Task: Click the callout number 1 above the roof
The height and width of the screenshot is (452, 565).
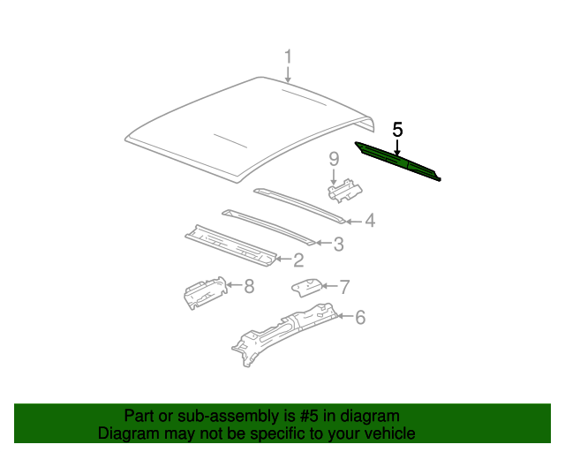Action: coord(288,58)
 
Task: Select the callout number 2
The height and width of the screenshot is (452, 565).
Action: coord(298,260)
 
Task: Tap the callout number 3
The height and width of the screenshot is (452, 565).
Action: coord(338,244)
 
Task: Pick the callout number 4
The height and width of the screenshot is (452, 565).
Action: coord(370,221)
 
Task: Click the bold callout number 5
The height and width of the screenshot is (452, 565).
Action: coord(397,130)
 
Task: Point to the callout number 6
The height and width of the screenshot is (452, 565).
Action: coord(359,317)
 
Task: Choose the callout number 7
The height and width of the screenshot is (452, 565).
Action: coord(344,286)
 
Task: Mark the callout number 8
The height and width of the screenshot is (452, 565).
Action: coord(249,285)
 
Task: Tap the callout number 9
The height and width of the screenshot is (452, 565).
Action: coord(335,159)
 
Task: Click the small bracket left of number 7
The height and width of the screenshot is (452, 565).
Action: coord(305,287)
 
